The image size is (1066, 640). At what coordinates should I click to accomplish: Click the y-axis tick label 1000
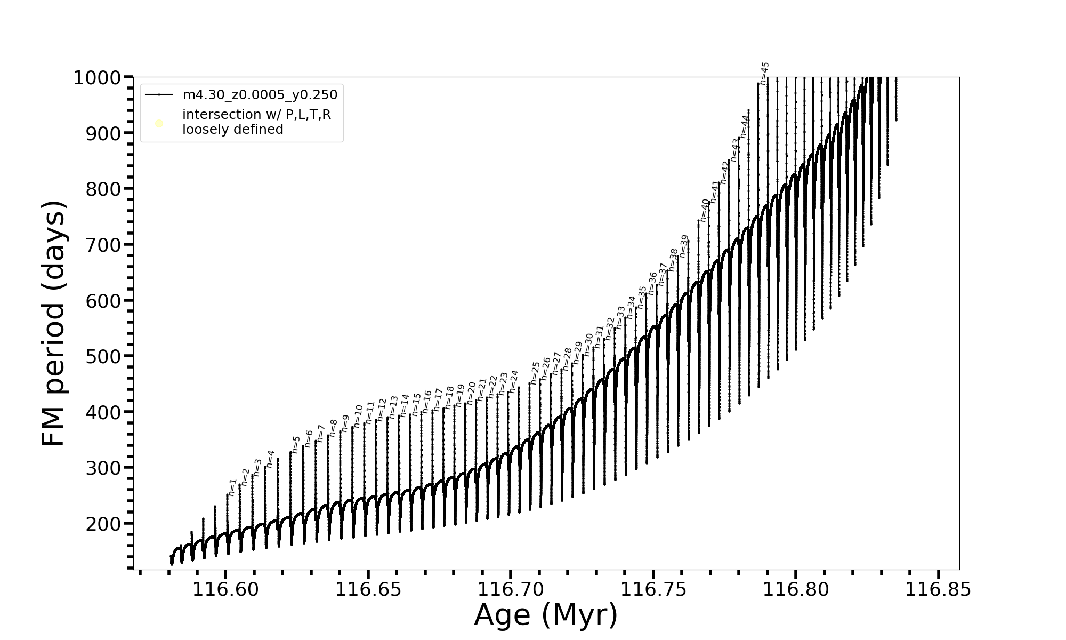97,78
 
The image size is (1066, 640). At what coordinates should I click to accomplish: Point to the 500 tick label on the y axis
103,356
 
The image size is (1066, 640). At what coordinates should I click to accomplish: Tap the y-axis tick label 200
103,524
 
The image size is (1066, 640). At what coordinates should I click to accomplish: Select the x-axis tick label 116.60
225,590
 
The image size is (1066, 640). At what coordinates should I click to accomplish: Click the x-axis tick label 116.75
654,590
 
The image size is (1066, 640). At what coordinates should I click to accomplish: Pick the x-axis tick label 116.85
939,590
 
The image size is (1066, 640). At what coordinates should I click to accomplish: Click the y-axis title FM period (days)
54,323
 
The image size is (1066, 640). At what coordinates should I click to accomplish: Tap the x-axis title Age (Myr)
546,615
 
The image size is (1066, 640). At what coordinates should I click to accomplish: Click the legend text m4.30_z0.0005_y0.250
260,95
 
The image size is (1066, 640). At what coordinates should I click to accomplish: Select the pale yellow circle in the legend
159,124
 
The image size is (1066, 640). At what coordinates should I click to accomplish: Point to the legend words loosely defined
233,130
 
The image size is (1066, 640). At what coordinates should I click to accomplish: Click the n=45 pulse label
765,74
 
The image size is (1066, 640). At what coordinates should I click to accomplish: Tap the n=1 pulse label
232,487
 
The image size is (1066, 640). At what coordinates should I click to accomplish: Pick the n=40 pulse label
705,210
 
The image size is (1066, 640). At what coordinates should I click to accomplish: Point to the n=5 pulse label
296,445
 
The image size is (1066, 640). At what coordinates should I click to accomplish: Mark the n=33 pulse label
620,317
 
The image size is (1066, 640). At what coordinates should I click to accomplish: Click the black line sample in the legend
159,95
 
